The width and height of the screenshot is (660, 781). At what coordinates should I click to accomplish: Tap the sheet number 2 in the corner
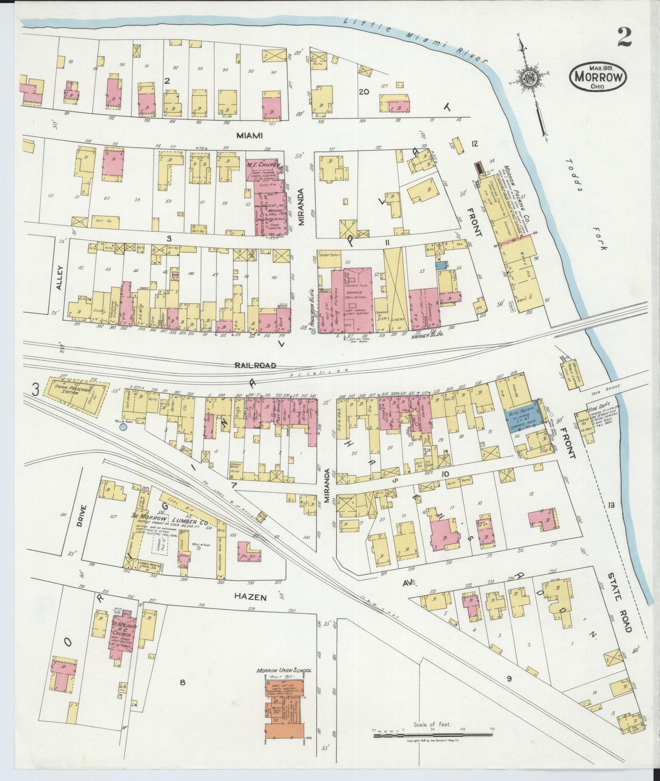point(624,37)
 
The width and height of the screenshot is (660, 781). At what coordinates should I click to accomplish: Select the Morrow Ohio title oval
point(598,77)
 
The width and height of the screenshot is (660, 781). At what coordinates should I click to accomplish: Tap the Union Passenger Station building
point(77,396)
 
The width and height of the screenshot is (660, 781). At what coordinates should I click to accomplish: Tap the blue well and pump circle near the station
point(122,427)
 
